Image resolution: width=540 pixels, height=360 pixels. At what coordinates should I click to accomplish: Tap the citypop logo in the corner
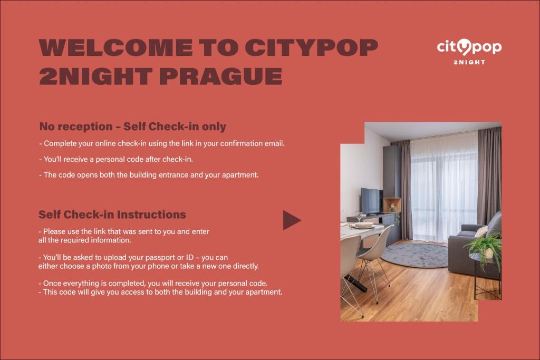click(x=469, y=47)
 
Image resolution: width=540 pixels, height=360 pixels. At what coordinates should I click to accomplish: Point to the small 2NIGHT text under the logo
click(x=469, y=62)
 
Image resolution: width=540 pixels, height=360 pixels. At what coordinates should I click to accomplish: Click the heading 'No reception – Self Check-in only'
click(x=132, y=127)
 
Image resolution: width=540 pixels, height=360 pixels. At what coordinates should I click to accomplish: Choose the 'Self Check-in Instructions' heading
click(x=112, y=215)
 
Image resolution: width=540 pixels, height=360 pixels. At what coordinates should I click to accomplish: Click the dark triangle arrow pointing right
click(x=291, y=220)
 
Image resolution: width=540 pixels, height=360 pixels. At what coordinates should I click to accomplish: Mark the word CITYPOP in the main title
click(x=312, y=48)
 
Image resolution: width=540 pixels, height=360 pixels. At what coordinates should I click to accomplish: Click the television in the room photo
click(x=372, y=200)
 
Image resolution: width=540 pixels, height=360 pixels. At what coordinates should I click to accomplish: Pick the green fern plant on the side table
click(x=485, y=246)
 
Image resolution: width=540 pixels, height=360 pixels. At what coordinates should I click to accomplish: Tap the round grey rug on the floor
click(x=414, y=255)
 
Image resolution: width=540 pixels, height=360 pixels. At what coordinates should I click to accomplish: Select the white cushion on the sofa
click(x=481, y=231)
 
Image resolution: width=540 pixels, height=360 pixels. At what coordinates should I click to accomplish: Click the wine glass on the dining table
click(x=359, y=216)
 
